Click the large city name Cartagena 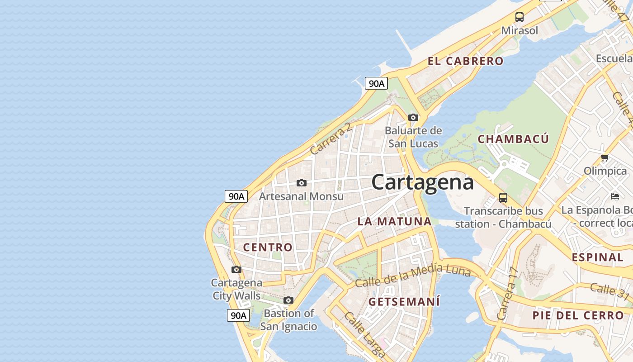tap(422, 182)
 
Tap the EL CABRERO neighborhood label tap(465, 61)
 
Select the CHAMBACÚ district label tap(513, 139)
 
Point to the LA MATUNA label tap(394, 222)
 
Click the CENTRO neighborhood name tap(268, 248)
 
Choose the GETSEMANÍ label tap(404, 302)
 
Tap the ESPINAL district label tap(597, 257)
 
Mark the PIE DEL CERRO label tap(578, 315)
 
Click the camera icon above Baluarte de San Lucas tap(413, 118)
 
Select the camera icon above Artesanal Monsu tap(301, 183)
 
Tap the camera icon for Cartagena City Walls tap(236, 270)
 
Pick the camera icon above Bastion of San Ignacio tap(288, 300)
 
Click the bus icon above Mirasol tap(520, 17)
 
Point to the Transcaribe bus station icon tap(503, 197)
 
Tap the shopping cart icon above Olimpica tap(605, 158)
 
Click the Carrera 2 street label tap(331, 138)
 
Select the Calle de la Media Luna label tap(412, 276)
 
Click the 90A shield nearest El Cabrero tap(376, 83)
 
